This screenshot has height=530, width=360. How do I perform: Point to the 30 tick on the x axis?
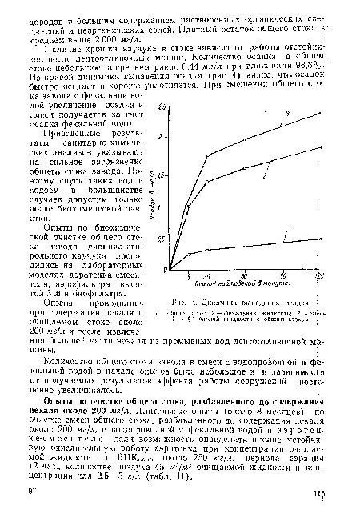(x=206, y=276)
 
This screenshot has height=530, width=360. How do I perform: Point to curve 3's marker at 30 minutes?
(x=207, y=155)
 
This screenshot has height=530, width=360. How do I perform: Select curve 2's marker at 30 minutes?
(x=207, y=182)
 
